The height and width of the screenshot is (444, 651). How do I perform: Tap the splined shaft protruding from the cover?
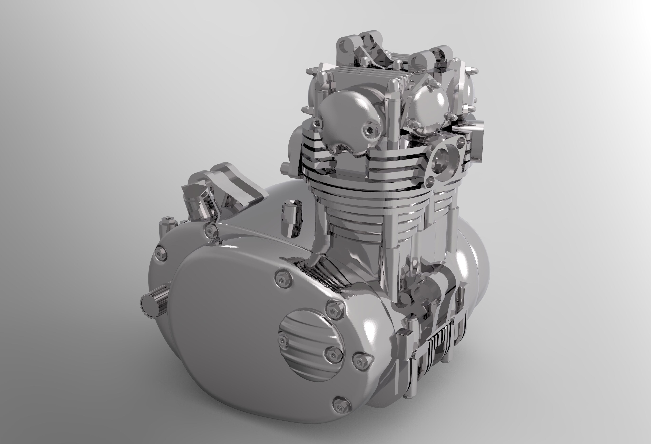coord(153,303)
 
